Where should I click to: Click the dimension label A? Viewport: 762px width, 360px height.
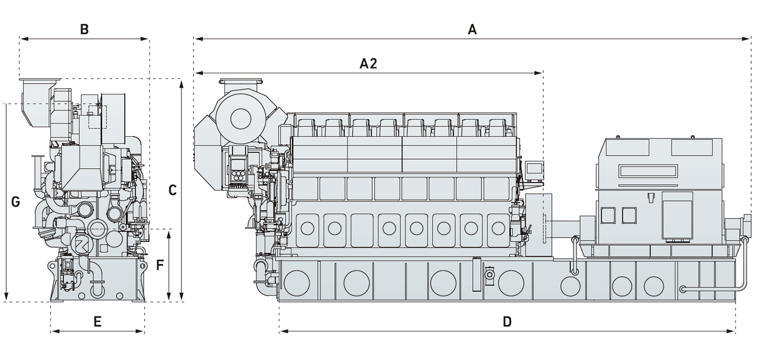coord(472,30)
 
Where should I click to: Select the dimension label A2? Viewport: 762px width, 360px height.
coord(368,64)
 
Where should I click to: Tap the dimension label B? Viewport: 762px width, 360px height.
coord(84,29)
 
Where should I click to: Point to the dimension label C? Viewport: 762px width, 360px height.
coord(172,191)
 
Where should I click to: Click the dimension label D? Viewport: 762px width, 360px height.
coord(507,322)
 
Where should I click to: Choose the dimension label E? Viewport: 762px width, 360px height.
coord(97,322)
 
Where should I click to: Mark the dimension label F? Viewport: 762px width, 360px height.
coord(160,265)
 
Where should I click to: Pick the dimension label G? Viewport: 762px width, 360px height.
coord(15,202)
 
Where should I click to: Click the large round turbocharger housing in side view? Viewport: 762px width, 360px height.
coord(241,119)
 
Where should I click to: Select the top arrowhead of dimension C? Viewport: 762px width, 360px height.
coord(181,84)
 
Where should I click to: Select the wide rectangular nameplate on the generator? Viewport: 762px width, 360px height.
coord(647,171)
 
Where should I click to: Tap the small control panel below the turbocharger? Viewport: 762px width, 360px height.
coord(237,171)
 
